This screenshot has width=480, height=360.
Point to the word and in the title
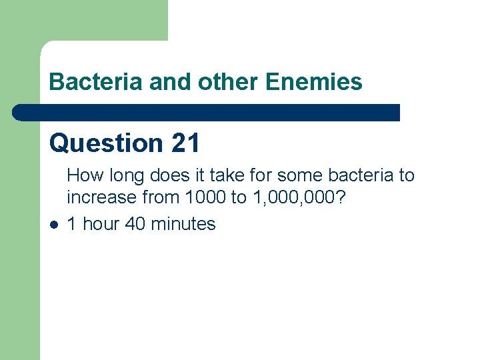[168, 82]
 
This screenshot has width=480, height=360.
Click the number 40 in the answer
[135, 224]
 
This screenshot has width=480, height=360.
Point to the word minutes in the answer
[183, 224]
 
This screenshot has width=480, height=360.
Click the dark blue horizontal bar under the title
[207, 112]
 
